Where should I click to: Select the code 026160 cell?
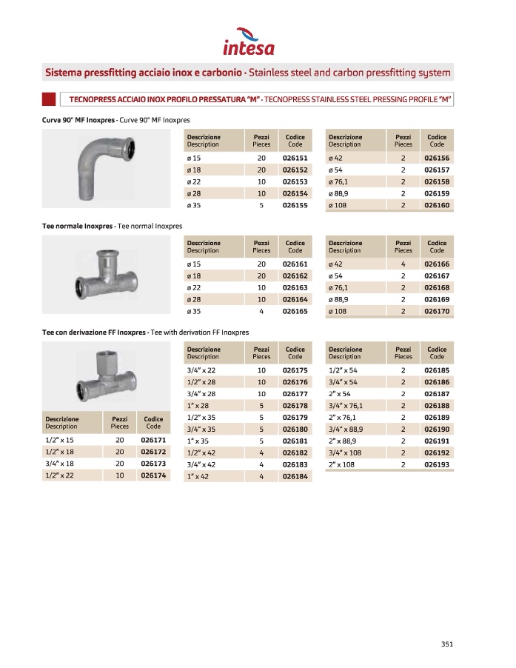pyautogui.click(x=437, y=205)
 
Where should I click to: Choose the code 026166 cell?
pyautogui.click(x=437, y=264)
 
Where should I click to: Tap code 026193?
pyautogui.click(x=437, y=465)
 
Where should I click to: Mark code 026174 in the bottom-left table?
pyautogui.click(x=153, y=475)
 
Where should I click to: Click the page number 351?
pyautogui.click(x=446, y=643)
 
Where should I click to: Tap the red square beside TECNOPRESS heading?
pyautogui.click(x=49, y=98)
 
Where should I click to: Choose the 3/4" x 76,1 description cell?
pyautogui.click(x=346, y=405)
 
